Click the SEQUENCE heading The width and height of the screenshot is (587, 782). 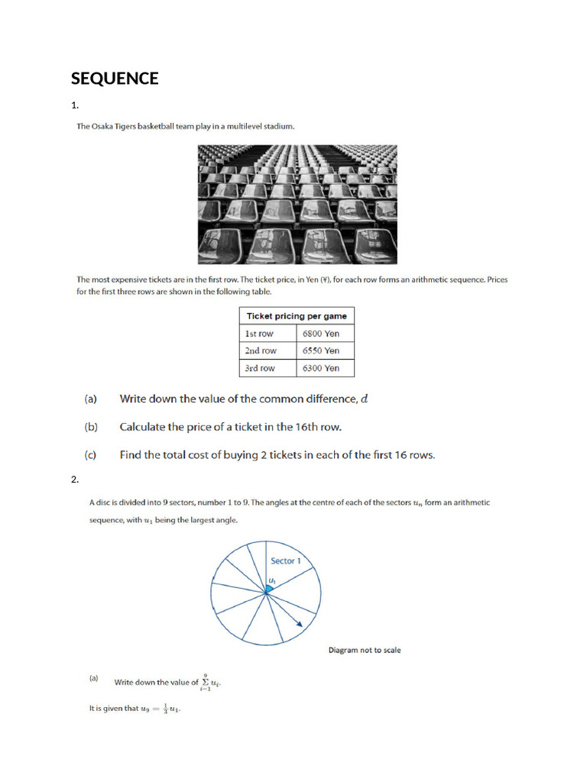115,79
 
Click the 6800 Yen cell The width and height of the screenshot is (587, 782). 321,334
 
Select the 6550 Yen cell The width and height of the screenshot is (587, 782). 321,351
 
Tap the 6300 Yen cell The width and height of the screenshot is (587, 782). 321,368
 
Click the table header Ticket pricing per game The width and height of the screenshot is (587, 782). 297,316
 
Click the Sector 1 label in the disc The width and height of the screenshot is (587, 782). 286,561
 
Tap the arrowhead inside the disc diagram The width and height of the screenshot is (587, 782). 298,624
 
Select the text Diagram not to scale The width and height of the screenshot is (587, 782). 365,651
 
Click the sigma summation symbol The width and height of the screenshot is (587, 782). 205,681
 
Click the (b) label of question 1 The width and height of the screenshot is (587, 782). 91,427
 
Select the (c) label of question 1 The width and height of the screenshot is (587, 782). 91,455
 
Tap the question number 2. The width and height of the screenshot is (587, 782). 74,480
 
